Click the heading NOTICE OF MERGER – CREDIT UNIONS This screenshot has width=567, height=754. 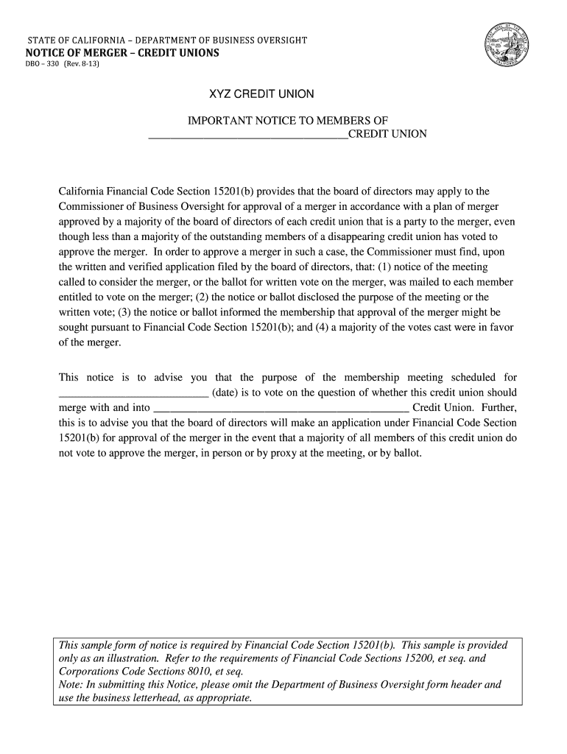pos(122,53)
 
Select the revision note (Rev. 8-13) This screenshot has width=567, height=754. pos(81,65)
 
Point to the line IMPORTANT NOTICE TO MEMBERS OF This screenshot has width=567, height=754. pos(288,121)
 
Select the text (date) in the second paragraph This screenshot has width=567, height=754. pos(228,392)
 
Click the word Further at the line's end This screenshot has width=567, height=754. pos(500,407)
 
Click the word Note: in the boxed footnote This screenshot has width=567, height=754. pos(72,684)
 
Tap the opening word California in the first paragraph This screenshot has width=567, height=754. pos(82,191)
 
